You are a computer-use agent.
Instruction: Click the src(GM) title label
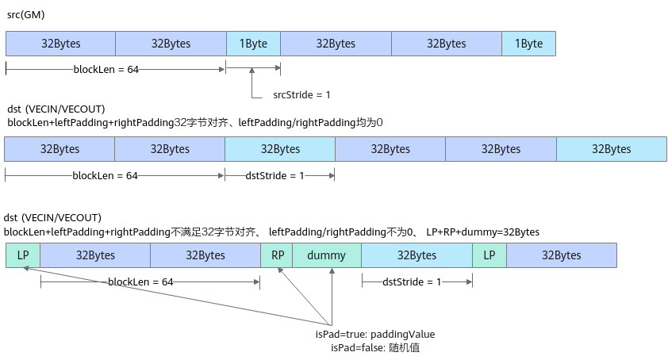26,15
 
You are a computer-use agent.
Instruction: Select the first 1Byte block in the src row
254,44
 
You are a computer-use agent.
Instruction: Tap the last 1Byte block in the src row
528,44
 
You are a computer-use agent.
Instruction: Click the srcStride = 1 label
301,94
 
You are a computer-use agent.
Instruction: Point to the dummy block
327,255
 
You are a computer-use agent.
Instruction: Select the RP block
277,255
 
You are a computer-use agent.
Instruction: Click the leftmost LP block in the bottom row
23,255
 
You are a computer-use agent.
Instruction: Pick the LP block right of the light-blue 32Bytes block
489,255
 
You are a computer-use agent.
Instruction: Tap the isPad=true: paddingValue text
375,335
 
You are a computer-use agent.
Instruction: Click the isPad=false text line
375,347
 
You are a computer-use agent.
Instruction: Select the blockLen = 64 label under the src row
106,70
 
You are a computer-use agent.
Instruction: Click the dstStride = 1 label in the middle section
274,175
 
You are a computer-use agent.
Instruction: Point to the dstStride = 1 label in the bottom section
412,282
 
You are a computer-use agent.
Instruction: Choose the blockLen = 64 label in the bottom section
140,282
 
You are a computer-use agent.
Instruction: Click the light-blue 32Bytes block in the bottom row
417,255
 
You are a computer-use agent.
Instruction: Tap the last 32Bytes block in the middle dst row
612,149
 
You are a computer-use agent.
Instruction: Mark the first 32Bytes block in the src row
60,44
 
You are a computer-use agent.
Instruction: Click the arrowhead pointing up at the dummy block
332,271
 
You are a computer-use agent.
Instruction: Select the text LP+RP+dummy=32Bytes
482,232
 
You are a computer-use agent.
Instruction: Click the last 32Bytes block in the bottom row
562,255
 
